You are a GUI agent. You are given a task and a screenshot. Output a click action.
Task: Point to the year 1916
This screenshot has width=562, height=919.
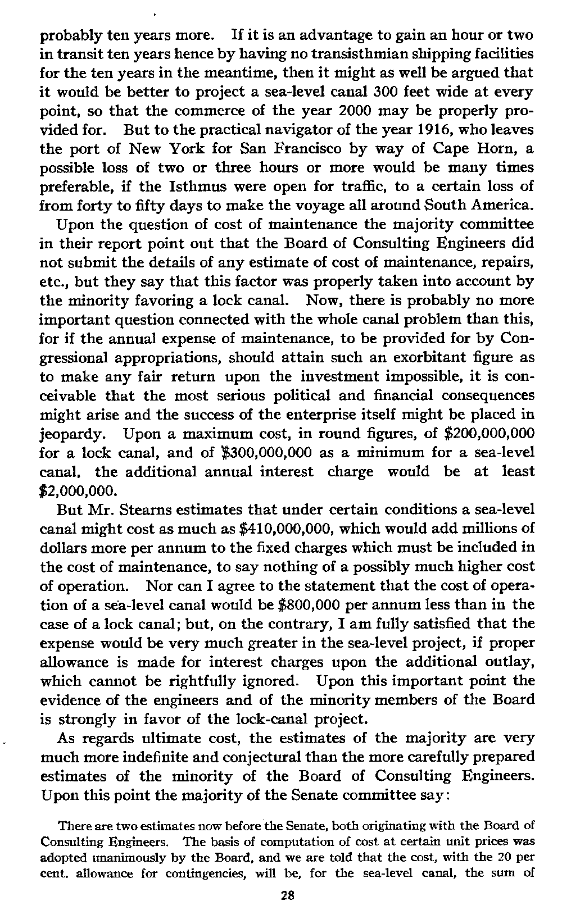(x=397, y=130)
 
